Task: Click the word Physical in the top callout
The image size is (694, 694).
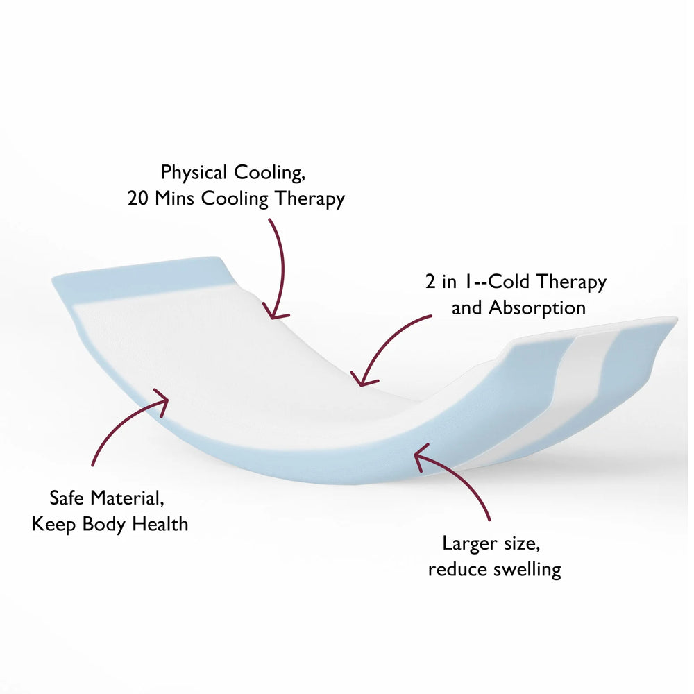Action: click(194, 173)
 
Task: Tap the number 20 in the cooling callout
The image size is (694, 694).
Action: click(138, 198)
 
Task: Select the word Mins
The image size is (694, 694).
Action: click(174, 198)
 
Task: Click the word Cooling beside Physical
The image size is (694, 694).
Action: click(269, 173)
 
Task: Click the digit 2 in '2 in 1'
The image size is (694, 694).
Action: click(430, 282)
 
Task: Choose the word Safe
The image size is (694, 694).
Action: click(67, 498)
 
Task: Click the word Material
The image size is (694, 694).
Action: click(127, 498)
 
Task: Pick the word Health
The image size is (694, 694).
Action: click(160, 524)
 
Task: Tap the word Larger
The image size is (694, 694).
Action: click(469, 544)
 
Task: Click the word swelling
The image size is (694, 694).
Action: click(527, 570)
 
